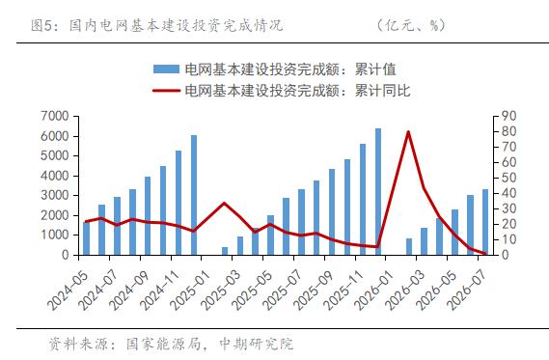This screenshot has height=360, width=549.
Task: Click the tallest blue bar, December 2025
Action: (378, 191)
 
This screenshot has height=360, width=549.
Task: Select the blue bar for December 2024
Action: (194, 195)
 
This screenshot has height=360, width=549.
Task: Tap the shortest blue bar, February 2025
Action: (225, 251)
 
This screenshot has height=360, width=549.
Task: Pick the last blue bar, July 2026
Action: (485, 222)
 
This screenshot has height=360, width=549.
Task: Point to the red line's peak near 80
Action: (408, 132)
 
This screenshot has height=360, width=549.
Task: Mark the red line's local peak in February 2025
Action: (225, 203)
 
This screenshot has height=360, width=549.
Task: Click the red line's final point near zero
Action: (485, 253)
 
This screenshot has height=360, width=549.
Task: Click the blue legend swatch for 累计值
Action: (166, 69)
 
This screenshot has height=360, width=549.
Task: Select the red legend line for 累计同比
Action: (166, 91)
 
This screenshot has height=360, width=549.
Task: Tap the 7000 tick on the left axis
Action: (55, 116)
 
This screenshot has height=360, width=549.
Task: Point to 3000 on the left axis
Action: (55, 195)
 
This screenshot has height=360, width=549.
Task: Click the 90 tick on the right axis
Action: (508, 116)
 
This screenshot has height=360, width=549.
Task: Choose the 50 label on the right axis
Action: (508, 178)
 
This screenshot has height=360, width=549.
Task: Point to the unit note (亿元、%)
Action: (411, 25)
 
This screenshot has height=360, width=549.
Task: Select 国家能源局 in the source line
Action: (164, 345)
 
